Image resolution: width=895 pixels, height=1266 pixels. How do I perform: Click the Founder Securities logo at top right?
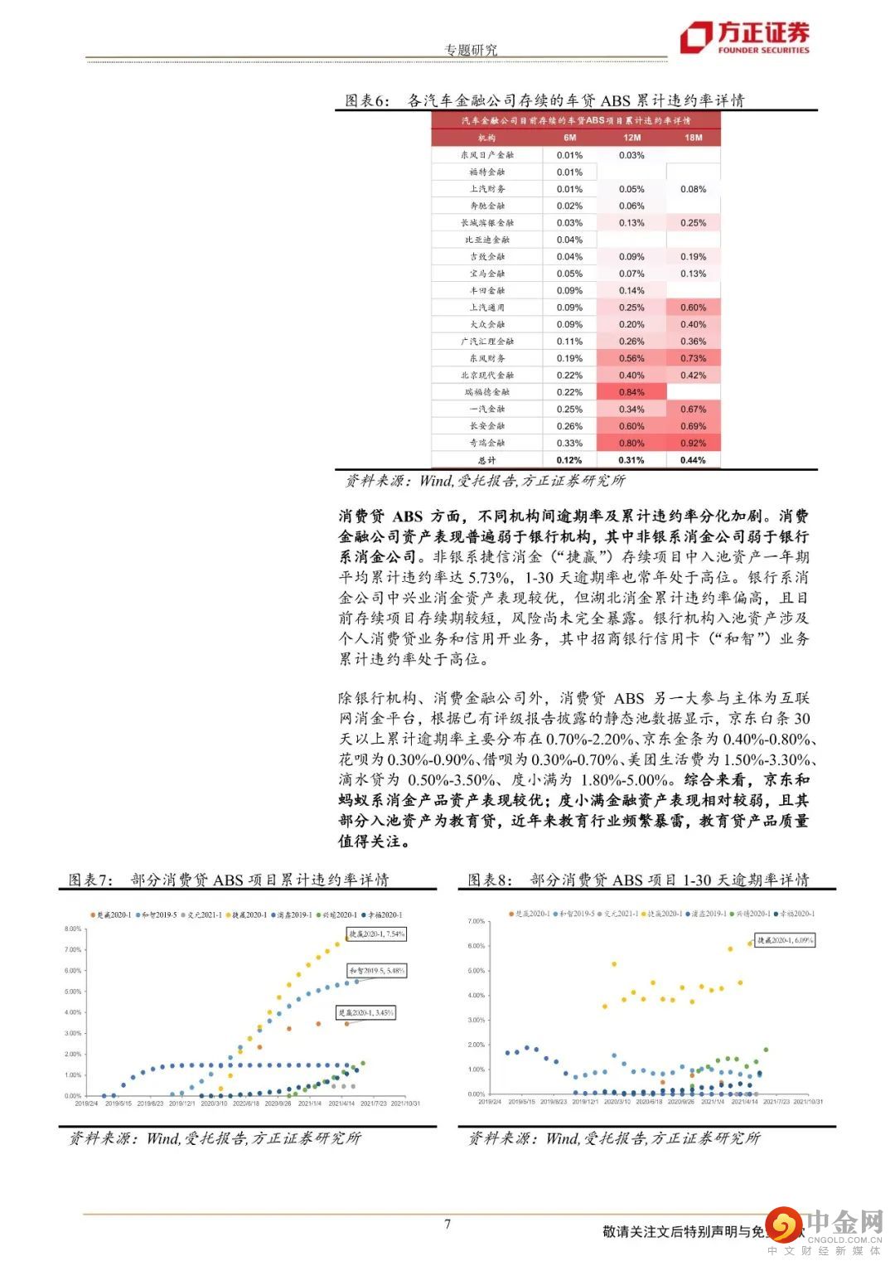click(x=744, y=37)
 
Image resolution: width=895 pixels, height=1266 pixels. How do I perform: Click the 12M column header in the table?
click(x=631, y=138)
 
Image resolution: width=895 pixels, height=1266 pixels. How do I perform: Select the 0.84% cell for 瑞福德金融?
click(x=631, y=392)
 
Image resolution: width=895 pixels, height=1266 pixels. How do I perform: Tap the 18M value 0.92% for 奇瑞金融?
click(x=693, y=443)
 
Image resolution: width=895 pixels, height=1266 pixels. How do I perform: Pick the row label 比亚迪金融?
click(x=487, y=240)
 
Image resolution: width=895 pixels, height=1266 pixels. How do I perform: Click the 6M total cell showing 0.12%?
click(x=569, y=460)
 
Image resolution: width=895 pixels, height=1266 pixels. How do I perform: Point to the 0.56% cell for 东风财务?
click(x=631, y=358)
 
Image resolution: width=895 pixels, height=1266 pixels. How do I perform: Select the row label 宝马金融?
click(x=487, y=274)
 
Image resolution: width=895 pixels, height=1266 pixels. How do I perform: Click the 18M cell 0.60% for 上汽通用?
click(x=693, y=308)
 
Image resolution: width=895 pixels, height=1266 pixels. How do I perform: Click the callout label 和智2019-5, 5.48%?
click(x=377, y=970)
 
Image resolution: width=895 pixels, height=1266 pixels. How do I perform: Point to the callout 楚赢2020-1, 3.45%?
click(x=365, y=1012)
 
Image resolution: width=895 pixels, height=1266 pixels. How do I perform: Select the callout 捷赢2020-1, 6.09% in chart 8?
click(x=786, y=940)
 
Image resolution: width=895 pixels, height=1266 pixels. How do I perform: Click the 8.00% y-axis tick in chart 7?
click(x=72, y=929)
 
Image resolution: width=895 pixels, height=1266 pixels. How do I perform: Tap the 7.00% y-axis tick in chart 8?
click(x=476, y=921)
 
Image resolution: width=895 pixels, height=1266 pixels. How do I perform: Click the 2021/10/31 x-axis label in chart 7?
click(x=405, y=1104)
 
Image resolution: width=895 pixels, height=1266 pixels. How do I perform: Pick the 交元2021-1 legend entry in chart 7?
click(x=206, y=915)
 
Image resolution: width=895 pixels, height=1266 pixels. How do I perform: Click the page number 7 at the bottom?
click(x=447, y=1224)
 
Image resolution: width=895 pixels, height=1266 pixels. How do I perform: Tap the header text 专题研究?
click(x=471, y=50)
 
